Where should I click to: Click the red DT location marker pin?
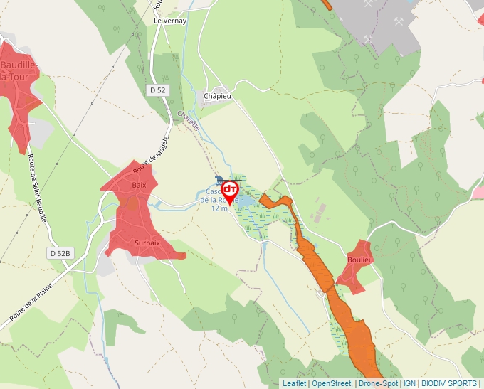pyautogui.click(x=230, y=191)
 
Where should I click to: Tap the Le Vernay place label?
pyautogui.click(x=170, y=21)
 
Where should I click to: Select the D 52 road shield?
pyautogui.click(x=158, y=90)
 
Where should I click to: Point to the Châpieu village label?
pyautogui.click(x=218, y=96)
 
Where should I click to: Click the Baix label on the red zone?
pyautogui.click(x=139, y=185)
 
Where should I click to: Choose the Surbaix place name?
pyautogui.click(x=147, y=243)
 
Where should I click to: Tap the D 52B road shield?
pyautogui.click(x=61, y=253)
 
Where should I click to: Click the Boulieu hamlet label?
pyautogui.click(x=361, y=260)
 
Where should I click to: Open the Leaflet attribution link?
pyautogui.click(x=294, y=383)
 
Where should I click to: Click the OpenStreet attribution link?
pyautogui.click(x=332, y=383)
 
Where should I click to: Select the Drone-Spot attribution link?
pyautogui.click(x=378, y=383)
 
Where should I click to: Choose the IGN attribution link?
pyautogui.click(x=409, y=383)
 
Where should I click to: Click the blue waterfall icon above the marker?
pyautogui.click(x=218, y=179)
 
